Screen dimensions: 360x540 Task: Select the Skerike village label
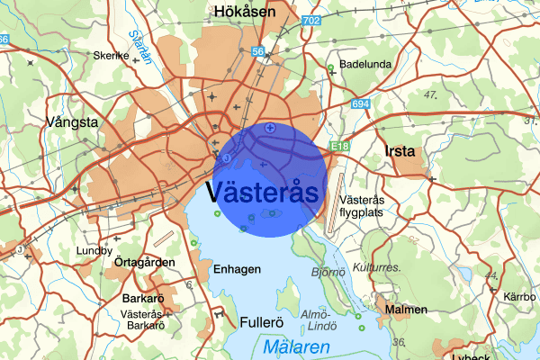112,55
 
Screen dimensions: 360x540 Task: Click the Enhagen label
237,269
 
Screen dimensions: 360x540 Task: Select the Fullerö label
263,321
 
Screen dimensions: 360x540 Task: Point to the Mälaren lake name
298,346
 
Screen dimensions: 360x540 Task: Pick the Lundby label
94,250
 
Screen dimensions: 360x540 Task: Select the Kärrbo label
520,296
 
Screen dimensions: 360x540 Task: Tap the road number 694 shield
361,104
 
